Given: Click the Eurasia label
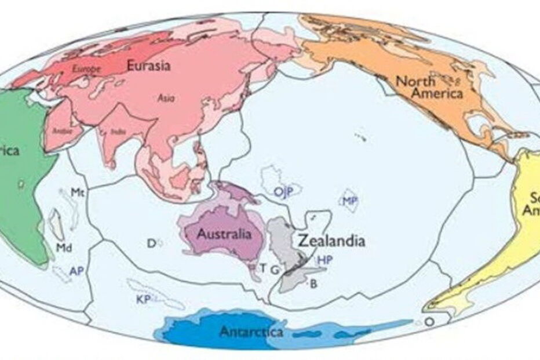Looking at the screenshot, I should click(148, 66).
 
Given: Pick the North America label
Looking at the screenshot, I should click(429, 88).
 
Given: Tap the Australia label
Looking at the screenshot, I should click(224, 234).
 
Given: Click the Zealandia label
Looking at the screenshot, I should click(331, 240).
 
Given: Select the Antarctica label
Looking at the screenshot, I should click(251, 332).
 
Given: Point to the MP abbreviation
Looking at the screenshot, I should click(349, 201).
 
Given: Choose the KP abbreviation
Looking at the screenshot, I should click(143, 300).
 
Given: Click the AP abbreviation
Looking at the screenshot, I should click(76, 271).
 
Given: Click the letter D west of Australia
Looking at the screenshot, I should click(151, 243).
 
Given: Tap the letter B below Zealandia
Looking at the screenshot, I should click(313, 283).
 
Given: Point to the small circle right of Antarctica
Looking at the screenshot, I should click(429, 321).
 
